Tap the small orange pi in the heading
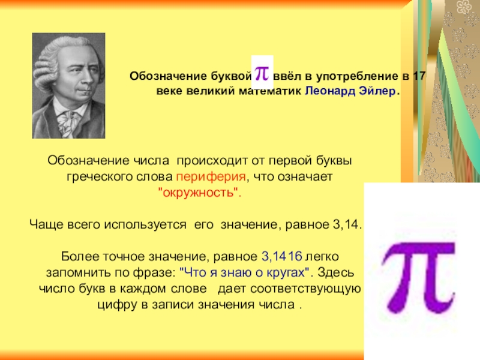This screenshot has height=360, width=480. [x=262, y=72]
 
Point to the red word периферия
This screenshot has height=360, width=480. [x=211, y=178]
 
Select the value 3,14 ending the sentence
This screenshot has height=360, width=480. [x=345, y=224]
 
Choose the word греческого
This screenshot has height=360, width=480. [x=91, y=178]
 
